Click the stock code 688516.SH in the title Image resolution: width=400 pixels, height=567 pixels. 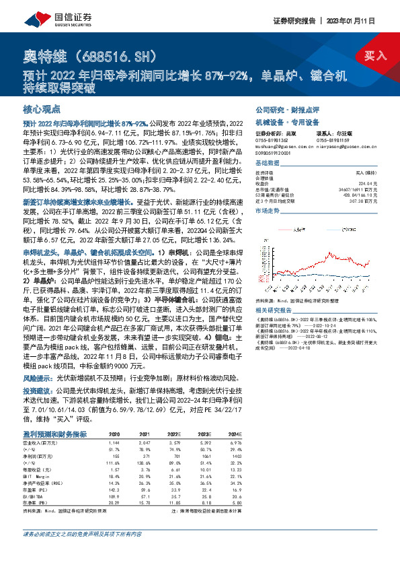click(116, 51)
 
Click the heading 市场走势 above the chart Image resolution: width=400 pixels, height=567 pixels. click(266, 211)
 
